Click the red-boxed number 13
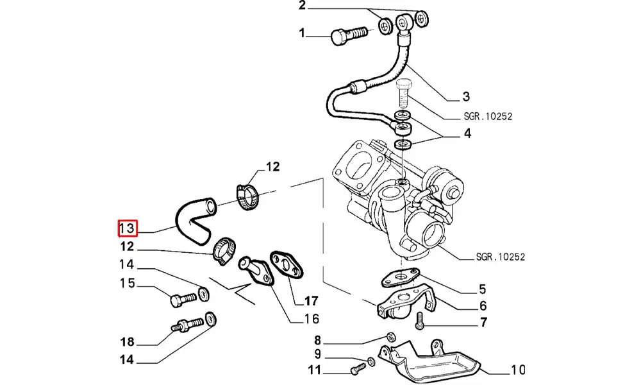(x=127, y=228)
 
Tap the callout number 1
(x=302, y=33)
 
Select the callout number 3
(x=466, y=97)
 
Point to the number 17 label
(x=311, y=300)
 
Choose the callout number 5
(x=482, y=289)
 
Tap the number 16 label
(x=311, y=319)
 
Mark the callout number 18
(x=127, y=341)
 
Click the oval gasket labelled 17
(x=287, y=265)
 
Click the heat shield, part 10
(x=429, y=363)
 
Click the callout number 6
(x=482, y=306)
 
